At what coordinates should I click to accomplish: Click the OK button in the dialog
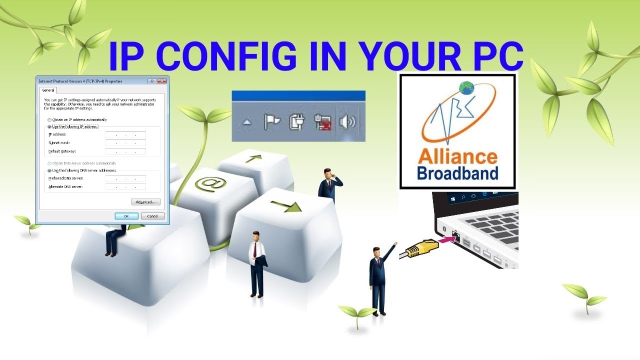(x=126, y=216)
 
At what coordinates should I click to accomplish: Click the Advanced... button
(x=145, y=202)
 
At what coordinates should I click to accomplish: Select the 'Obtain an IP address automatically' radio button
(x=49, y=120)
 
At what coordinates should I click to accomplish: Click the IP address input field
(x=125, y=134)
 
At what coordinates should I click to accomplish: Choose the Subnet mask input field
(x=125, y=143)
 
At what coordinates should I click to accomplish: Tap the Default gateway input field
(x=125, y=151)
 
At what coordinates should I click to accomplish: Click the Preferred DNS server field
(x=125, y=178)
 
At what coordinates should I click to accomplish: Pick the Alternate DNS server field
(x=125, y=187)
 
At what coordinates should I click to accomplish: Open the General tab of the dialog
(x=48, y=90)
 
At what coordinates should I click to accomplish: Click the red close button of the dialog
(x=161, y=81)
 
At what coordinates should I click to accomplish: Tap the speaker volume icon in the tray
(x=347, y=122)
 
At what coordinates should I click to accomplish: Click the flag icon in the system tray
(x=272, y=122)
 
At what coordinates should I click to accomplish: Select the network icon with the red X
(x=322, y=122)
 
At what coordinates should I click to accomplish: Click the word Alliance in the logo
(x=457, y=157)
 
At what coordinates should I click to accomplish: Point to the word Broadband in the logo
(x=457, y=173)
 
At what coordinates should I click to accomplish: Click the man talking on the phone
(x=328, y=185)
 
